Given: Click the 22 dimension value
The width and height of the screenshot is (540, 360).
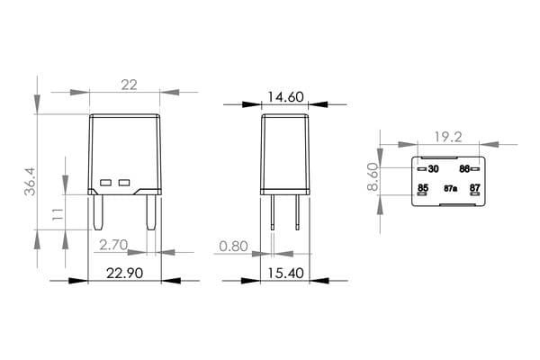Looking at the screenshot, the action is pyautogui.click(x=129, y=85).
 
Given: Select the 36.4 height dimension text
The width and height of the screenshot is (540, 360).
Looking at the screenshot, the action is pyautogui.click(x=30, y=182).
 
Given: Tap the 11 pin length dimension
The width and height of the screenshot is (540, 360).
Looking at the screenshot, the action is pyautogui.click(x=58, y=214).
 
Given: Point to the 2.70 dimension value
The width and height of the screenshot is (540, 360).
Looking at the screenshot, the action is pyautogui.click(x=113, y=245).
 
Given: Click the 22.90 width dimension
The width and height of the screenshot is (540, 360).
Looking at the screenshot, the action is pyautogui.click(x=125, y=274).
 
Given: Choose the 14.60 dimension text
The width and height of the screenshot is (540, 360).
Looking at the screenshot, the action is pyautogui.click(x=285, y=97).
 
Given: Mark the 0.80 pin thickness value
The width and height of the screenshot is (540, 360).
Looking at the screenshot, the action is pyautogui.click(x=233, y=247).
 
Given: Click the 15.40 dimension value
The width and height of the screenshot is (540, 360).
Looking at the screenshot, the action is pyautogui.click(x=286, y=274).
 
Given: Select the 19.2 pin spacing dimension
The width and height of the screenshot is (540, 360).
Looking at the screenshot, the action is pyautogui.click(x=448, y=137).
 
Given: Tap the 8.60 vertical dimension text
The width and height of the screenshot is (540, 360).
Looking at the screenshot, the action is pyautogui.click(x=373, y=177).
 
